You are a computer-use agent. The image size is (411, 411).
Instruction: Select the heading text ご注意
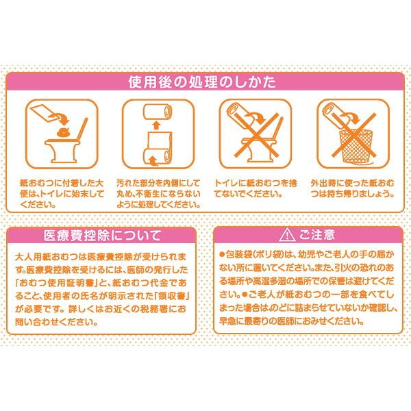[x=316, y=236]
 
